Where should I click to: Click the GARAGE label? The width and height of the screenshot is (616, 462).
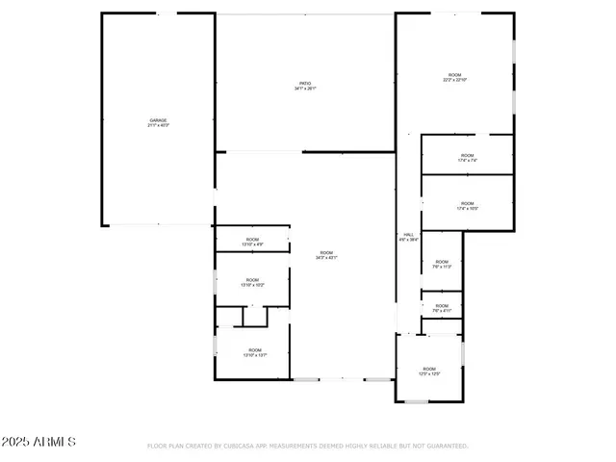point(158,120)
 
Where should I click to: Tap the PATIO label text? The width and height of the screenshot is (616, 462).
point(305,84)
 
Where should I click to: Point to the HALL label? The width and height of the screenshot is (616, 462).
point(408,234)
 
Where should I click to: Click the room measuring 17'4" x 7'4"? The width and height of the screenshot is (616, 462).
point(467,157)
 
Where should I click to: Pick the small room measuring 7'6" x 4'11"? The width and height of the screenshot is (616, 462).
point(442,307)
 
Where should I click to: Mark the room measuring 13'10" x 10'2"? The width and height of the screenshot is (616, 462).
point(252,283)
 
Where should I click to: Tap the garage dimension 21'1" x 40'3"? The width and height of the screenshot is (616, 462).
point(158,126)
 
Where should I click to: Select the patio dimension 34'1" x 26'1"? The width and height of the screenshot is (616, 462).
point(305,90)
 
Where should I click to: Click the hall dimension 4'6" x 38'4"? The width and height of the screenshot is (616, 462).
point(408,241)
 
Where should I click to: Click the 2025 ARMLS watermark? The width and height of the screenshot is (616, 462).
point(38,442)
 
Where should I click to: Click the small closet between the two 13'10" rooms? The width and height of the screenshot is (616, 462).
point(254,317)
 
